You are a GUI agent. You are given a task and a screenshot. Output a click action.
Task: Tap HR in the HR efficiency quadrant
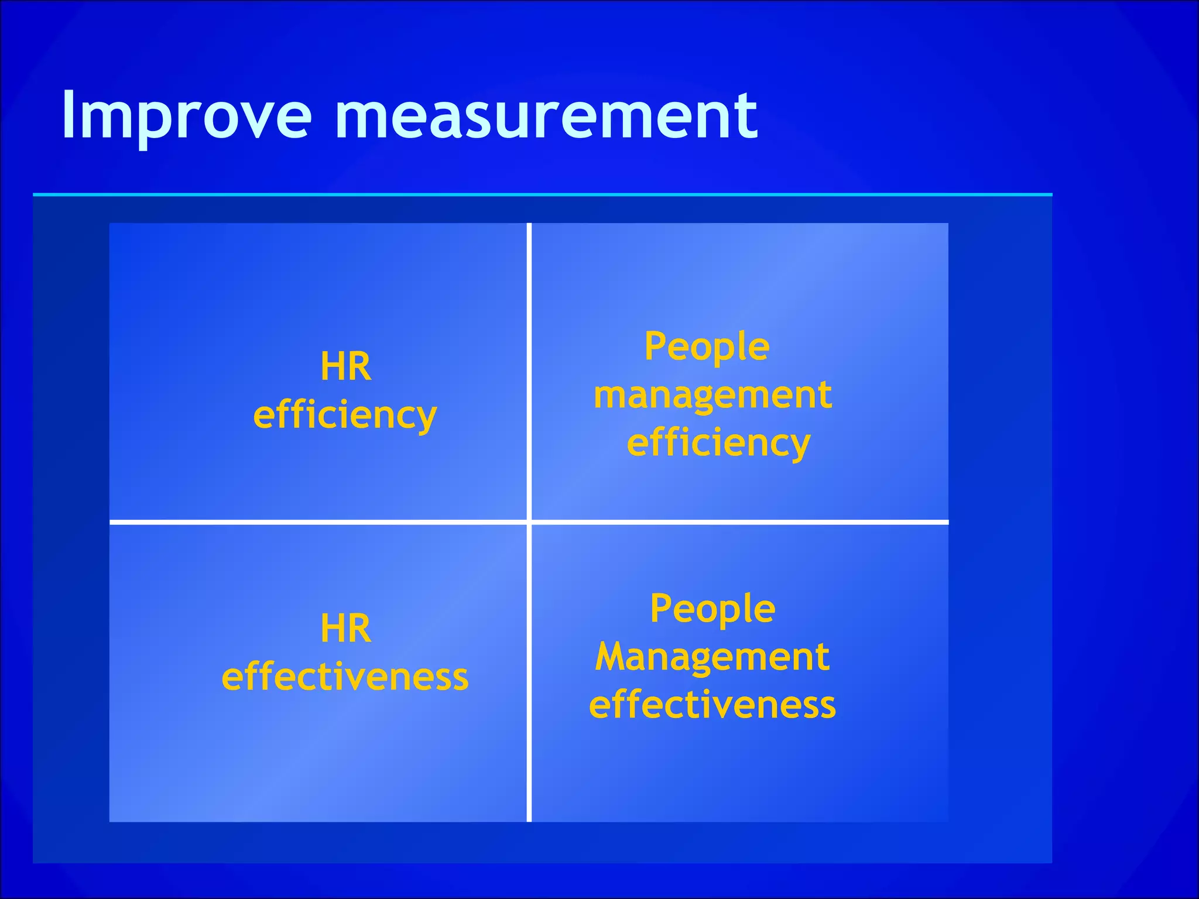point(345,367)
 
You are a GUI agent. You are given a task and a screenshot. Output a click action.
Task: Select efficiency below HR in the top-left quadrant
point(345,415)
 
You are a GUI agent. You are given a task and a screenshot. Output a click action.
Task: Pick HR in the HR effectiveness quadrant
point(345,629)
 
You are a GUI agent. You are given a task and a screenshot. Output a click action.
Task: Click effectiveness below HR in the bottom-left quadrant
point(345,677)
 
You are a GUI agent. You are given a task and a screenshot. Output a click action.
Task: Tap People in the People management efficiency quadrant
point(707,347)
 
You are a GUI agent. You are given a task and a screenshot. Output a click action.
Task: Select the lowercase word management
point(712,396)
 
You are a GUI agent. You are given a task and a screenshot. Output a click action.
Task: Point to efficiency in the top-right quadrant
point(718,443)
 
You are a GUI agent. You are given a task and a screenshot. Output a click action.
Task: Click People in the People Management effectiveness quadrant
point(712,609)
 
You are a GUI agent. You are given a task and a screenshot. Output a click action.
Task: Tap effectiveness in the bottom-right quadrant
point(712,705)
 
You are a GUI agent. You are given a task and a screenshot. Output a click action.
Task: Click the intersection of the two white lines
point(529,521)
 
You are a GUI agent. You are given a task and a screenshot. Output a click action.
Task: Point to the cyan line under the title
point(542,194)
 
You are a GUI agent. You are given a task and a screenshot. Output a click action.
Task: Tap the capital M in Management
point(611,657)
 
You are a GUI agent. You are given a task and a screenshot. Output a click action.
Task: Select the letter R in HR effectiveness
point(359,629)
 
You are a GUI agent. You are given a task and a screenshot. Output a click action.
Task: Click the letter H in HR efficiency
point(331,367)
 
